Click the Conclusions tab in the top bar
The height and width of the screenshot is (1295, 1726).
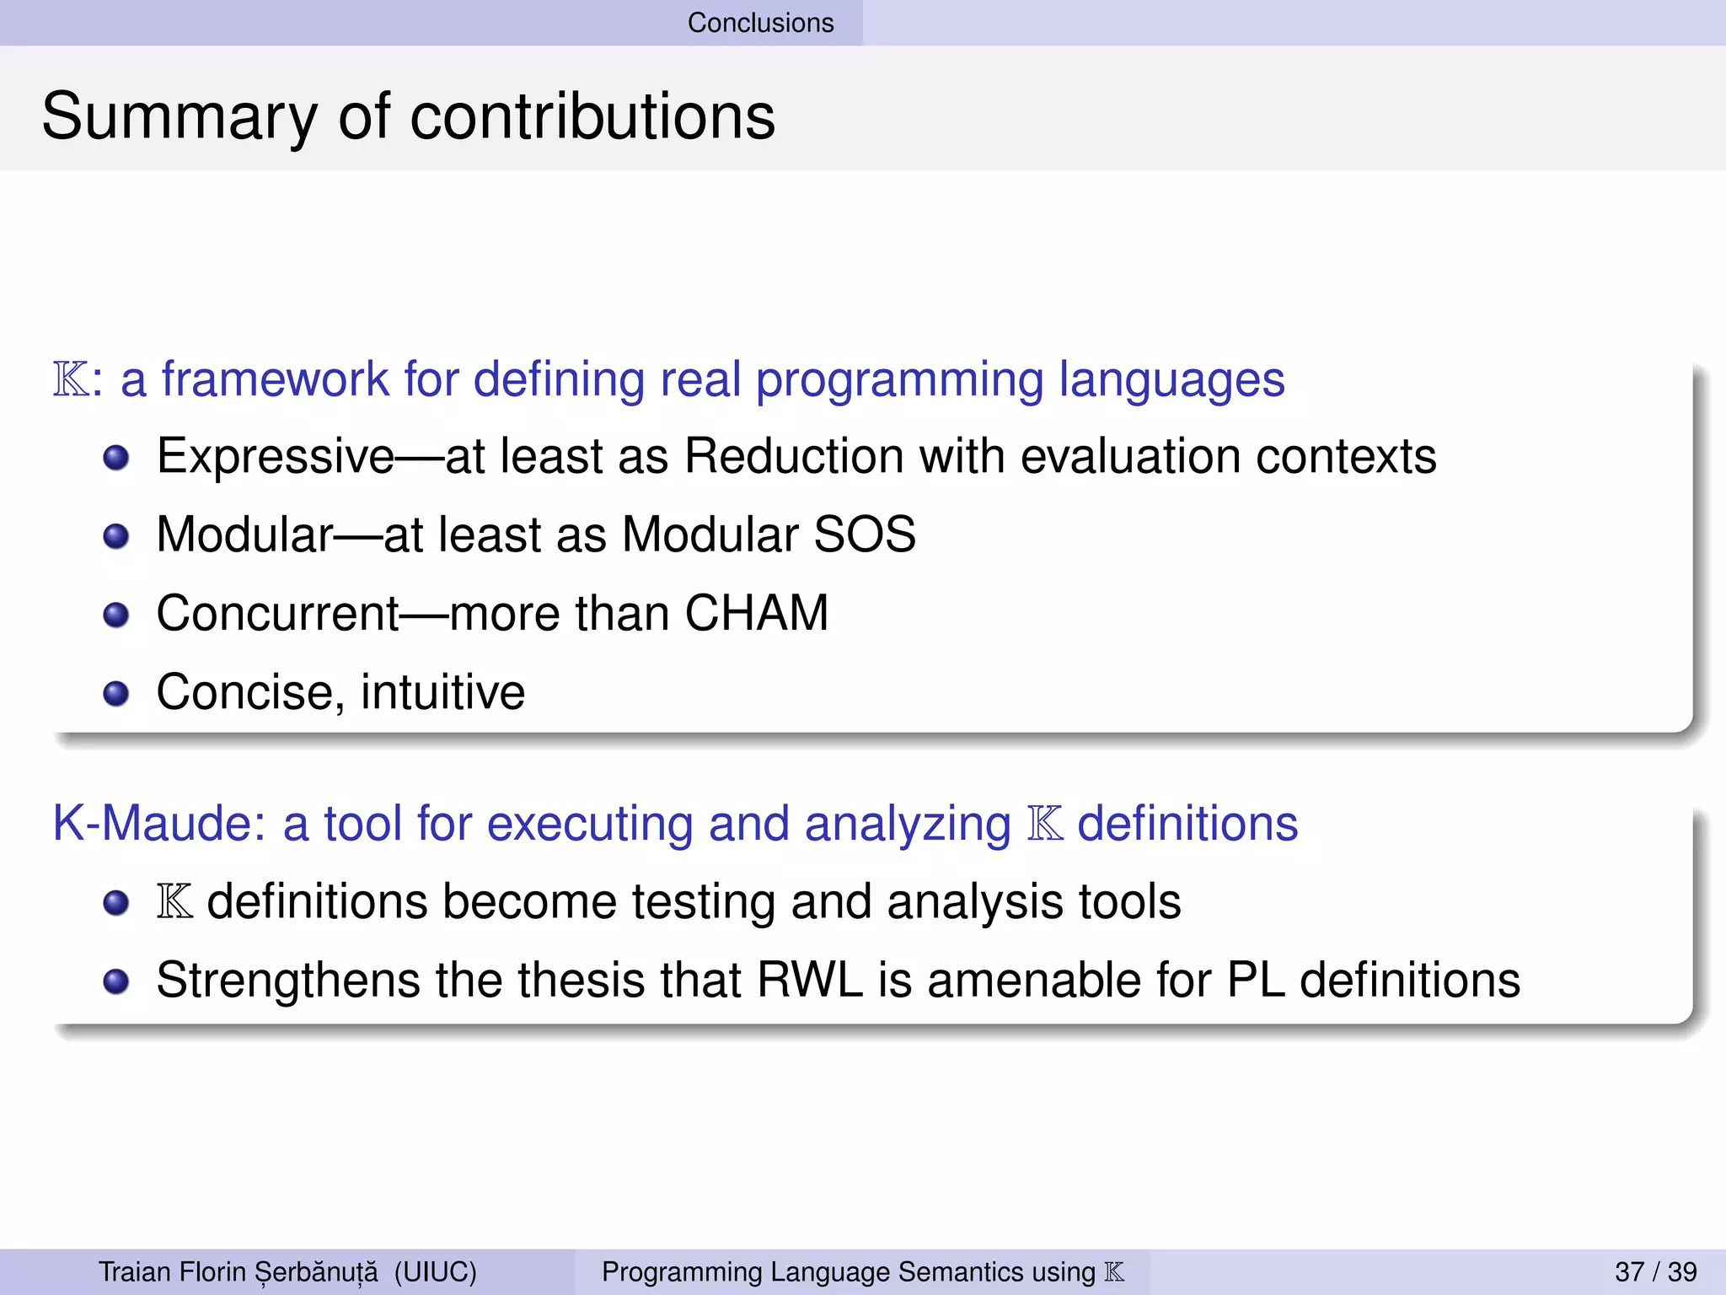point(760,23)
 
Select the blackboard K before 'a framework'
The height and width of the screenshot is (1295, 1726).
point(71,379)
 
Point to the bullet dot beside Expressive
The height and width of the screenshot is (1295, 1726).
point(116,458)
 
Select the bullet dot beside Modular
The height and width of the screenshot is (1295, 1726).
point(116,536)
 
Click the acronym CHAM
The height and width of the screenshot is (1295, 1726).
point(756,613)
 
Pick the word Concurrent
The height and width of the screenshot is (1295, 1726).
point(277,613)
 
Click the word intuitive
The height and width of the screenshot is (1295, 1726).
point(442,692)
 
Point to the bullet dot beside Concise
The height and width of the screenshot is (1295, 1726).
point(116,693)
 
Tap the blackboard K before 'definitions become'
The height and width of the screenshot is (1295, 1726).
point(174,901)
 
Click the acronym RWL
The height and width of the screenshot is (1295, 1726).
point(810,980)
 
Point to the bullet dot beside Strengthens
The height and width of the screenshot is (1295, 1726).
point(116,981)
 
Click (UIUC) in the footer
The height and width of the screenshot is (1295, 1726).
point(435,1271)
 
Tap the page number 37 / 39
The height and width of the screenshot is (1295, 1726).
point(1655,1271)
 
